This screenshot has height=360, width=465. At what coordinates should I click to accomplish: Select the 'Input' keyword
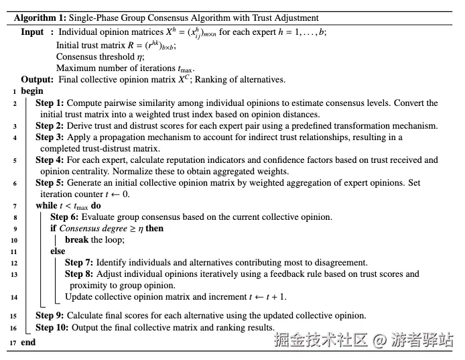[32, 32]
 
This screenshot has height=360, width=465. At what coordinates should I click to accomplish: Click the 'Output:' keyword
[38, 80]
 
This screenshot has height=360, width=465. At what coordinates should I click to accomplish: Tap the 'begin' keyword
[32, 91]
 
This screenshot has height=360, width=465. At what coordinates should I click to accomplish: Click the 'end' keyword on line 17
[28, 342]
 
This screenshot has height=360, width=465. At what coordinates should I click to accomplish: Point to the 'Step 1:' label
[50, 103]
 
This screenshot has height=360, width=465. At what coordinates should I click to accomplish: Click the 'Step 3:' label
[50, 137]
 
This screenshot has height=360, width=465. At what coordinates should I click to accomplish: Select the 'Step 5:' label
[50, 183]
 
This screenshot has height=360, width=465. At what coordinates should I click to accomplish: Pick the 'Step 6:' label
[65, 217]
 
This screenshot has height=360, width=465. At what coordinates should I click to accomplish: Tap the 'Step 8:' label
[80, 274]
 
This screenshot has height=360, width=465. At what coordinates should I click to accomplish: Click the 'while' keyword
[47, 205]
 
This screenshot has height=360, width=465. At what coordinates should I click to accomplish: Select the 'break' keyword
[76, 239]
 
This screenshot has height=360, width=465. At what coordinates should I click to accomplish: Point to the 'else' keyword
[58, 251]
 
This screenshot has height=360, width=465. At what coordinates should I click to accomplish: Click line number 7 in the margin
[15, 206]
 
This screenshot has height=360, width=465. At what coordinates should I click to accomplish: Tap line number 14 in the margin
[13, 297]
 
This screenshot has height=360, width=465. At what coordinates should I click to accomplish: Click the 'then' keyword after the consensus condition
[154, 228]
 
